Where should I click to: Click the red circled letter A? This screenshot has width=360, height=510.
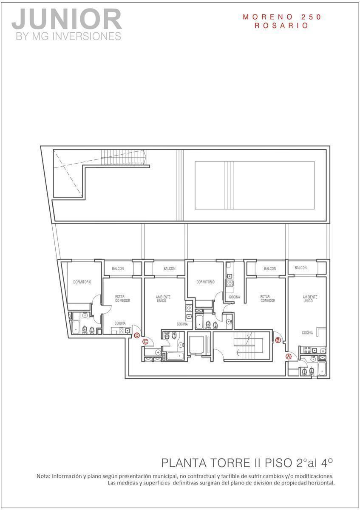(289, 356)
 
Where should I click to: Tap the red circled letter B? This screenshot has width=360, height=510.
(278, 340)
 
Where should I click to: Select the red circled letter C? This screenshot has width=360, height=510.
(145, 342)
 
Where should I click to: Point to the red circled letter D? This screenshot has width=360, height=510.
(136, 335)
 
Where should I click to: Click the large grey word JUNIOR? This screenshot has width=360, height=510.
(66, 20)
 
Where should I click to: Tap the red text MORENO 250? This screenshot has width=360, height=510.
(282, 17)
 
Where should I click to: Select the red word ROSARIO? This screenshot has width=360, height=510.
(281, 25)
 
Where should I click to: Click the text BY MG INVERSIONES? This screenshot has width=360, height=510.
(68, 37)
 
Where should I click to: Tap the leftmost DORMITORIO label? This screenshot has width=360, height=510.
(82, 282)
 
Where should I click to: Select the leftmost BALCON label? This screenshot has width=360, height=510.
(118, 269)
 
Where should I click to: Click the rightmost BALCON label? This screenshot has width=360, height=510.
(300, 268)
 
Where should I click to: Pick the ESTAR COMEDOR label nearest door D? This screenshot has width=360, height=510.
(122, 299)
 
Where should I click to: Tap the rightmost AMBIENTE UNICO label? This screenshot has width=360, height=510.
(310, 299)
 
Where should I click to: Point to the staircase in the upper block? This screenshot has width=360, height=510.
(123, 157)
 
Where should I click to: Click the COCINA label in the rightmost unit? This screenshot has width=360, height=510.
(307, 333)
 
